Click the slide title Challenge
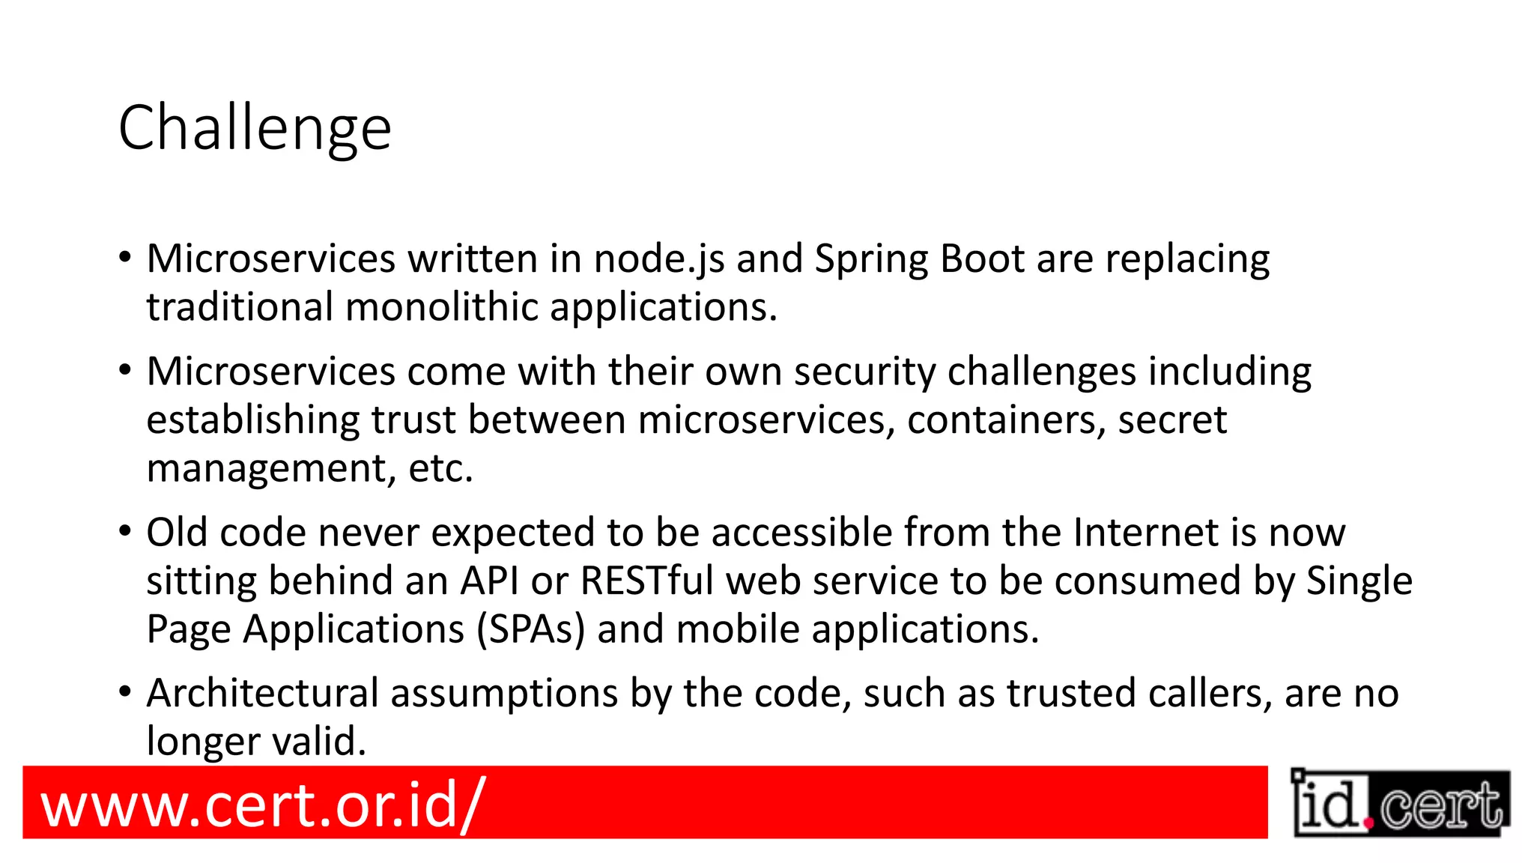tap(255, 128)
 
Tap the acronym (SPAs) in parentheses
tap(530, 629)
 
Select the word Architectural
tap(262, 693)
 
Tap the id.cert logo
tap(1401, 804)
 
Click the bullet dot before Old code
tap(125, 532)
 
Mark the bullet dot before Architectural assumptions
tap(125, 693)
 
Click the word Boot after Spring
tap(982, 259)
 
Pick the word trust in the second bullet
tap(413, 420)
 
